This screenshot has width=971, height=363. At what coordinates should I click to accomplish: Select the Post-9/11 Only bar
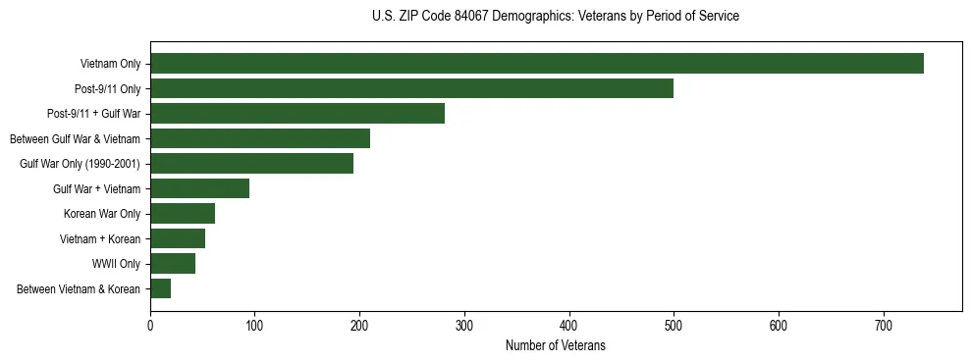click(x=411, y=88)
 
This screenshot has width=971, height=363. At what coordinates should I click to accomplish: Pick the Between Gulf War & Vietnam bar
click(x=260, y=138)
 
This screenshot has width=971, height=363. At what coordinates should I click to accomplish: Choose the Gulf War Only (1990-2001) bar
click(x=251, y=164)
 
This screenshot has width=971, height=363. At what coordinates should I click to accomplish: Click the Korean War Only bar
click(x=183, y=214)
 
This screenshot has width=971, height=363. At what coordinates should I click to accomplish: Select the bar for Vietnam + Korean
click(x=178, y=238)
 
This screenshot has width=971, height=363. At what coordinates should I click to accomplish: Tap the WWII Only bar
click(x=173, y=264)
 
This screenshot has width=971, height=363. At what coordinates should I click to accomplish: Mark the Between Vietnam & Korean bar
click(x=160, y=288)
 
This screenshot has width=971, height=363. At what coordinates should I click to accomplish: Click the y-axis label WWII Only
click(x=116, y=264)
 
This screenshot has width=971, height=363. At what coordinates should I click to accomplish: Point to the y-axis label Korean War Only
click(x=102, y=214)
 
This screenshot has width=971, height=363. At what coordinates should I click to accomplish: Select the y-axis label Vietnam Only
click(x=110, y=64)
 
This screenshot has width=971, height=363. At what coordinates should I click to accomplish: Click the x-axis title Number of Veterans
click(x=555, y=346)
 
